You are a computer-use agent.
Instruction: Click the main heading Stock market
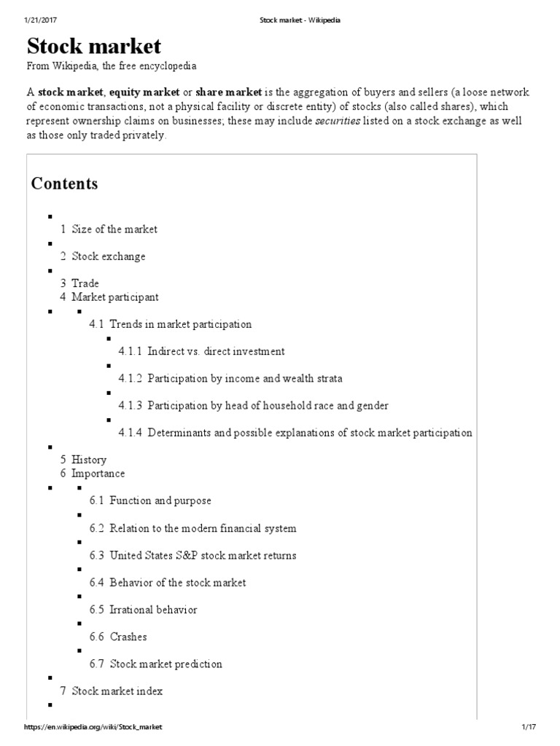click(x=94, y=47)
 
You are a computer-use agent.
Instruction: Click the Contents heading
click(x=64, y=184)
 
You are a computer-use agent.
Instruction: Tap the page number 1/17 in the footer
click(x=528, y=728)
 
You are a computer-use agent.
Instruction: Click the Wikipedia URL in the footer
click(x=93, y=728)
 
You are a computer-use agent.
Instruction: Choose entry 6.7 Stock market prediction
click(x=166, y=664)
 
